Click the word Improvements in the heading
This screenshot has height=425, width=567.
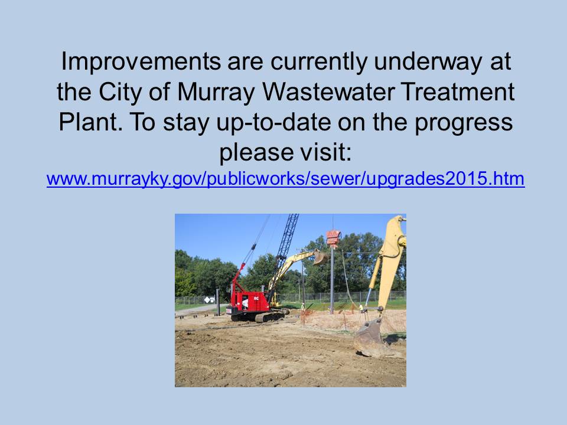coord(141,61)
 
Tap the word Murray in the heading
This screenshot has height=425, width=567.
coord(216,92)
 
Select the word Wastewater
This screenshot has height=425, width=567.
coord(328,92)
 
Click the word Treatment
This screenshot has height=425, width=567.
coord(458,92)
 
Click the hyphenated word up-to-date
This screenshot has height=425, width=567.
coord(273,123)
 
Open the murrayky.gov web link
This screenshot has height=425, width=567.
coord(286,179)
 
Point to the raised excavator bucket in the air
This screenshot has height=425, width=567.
coord(320,256)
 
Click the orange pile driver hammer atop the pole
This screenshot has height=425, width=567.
coord(333,238)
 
